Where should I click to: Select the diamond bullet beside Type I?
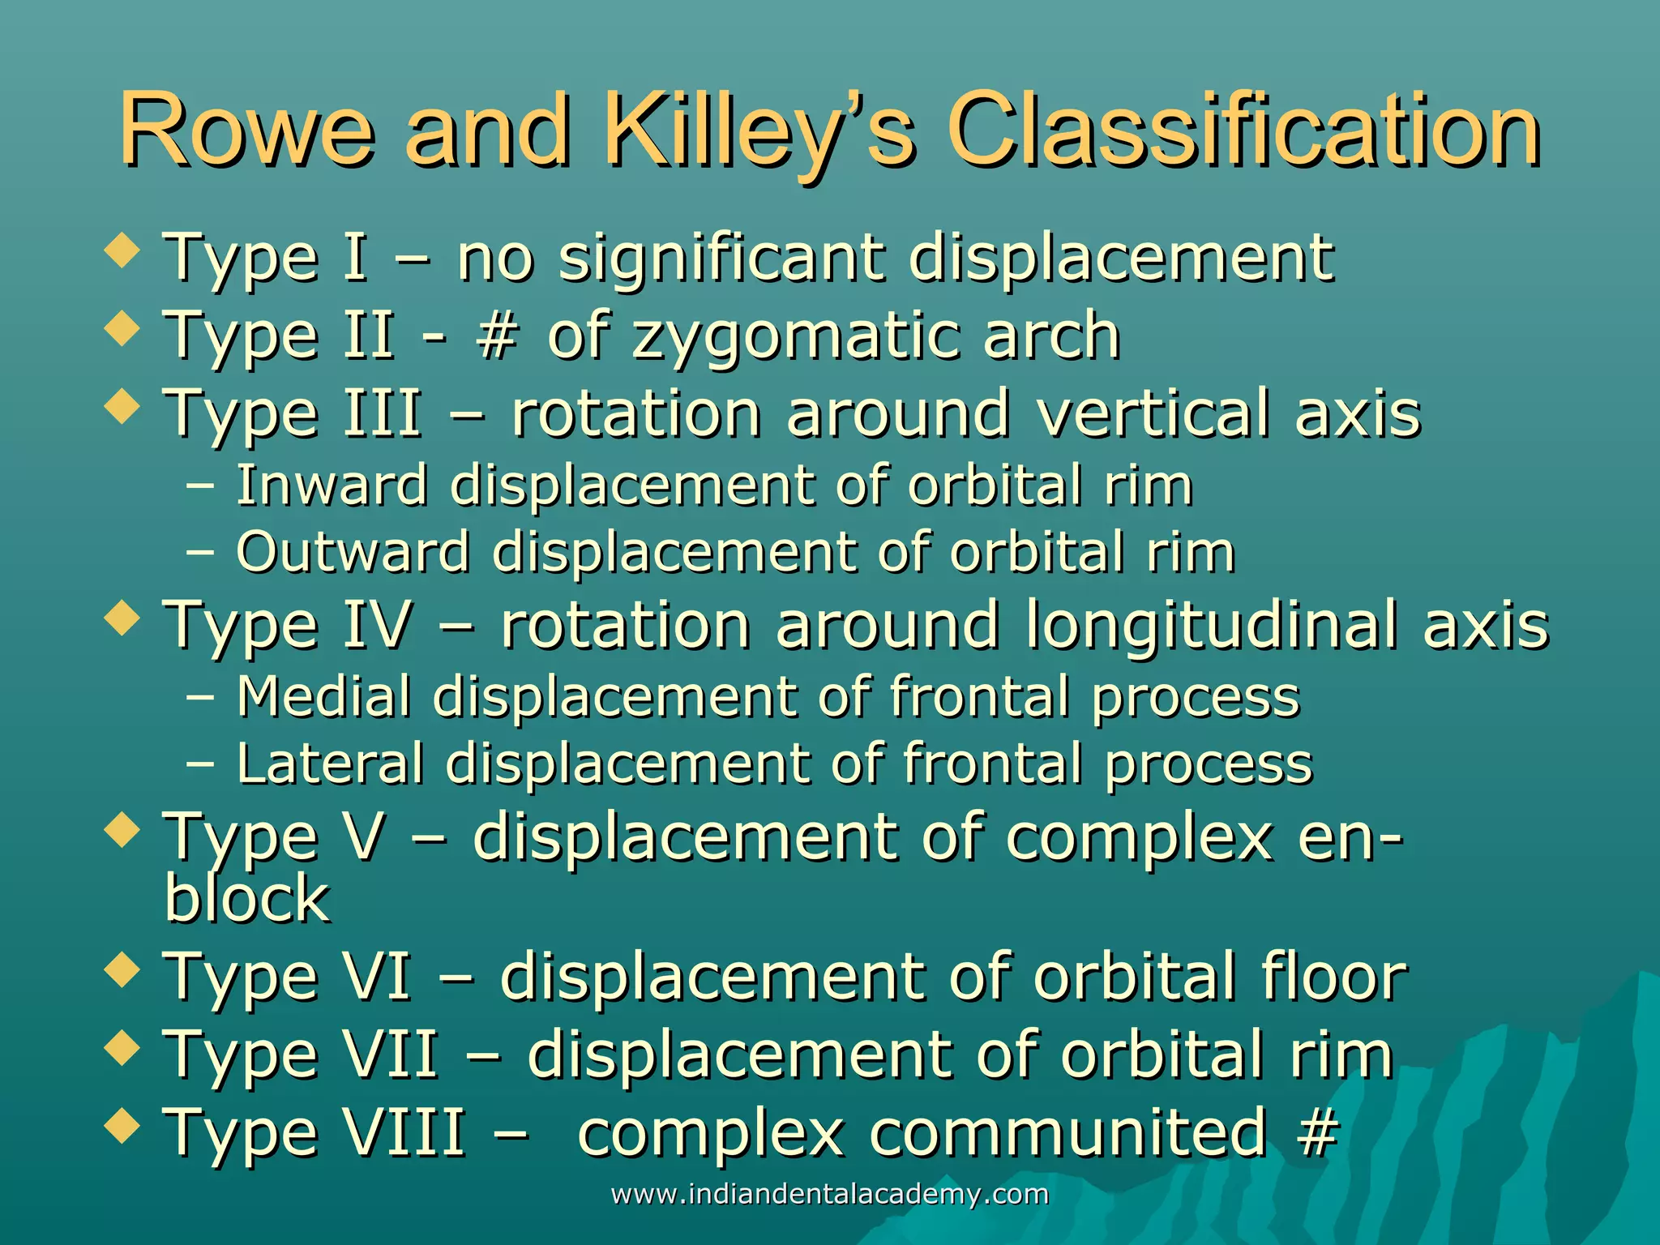122,251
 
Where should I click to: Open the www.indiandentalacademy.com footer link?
829,1194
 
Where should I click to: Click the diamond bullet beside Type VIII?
122,1126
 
